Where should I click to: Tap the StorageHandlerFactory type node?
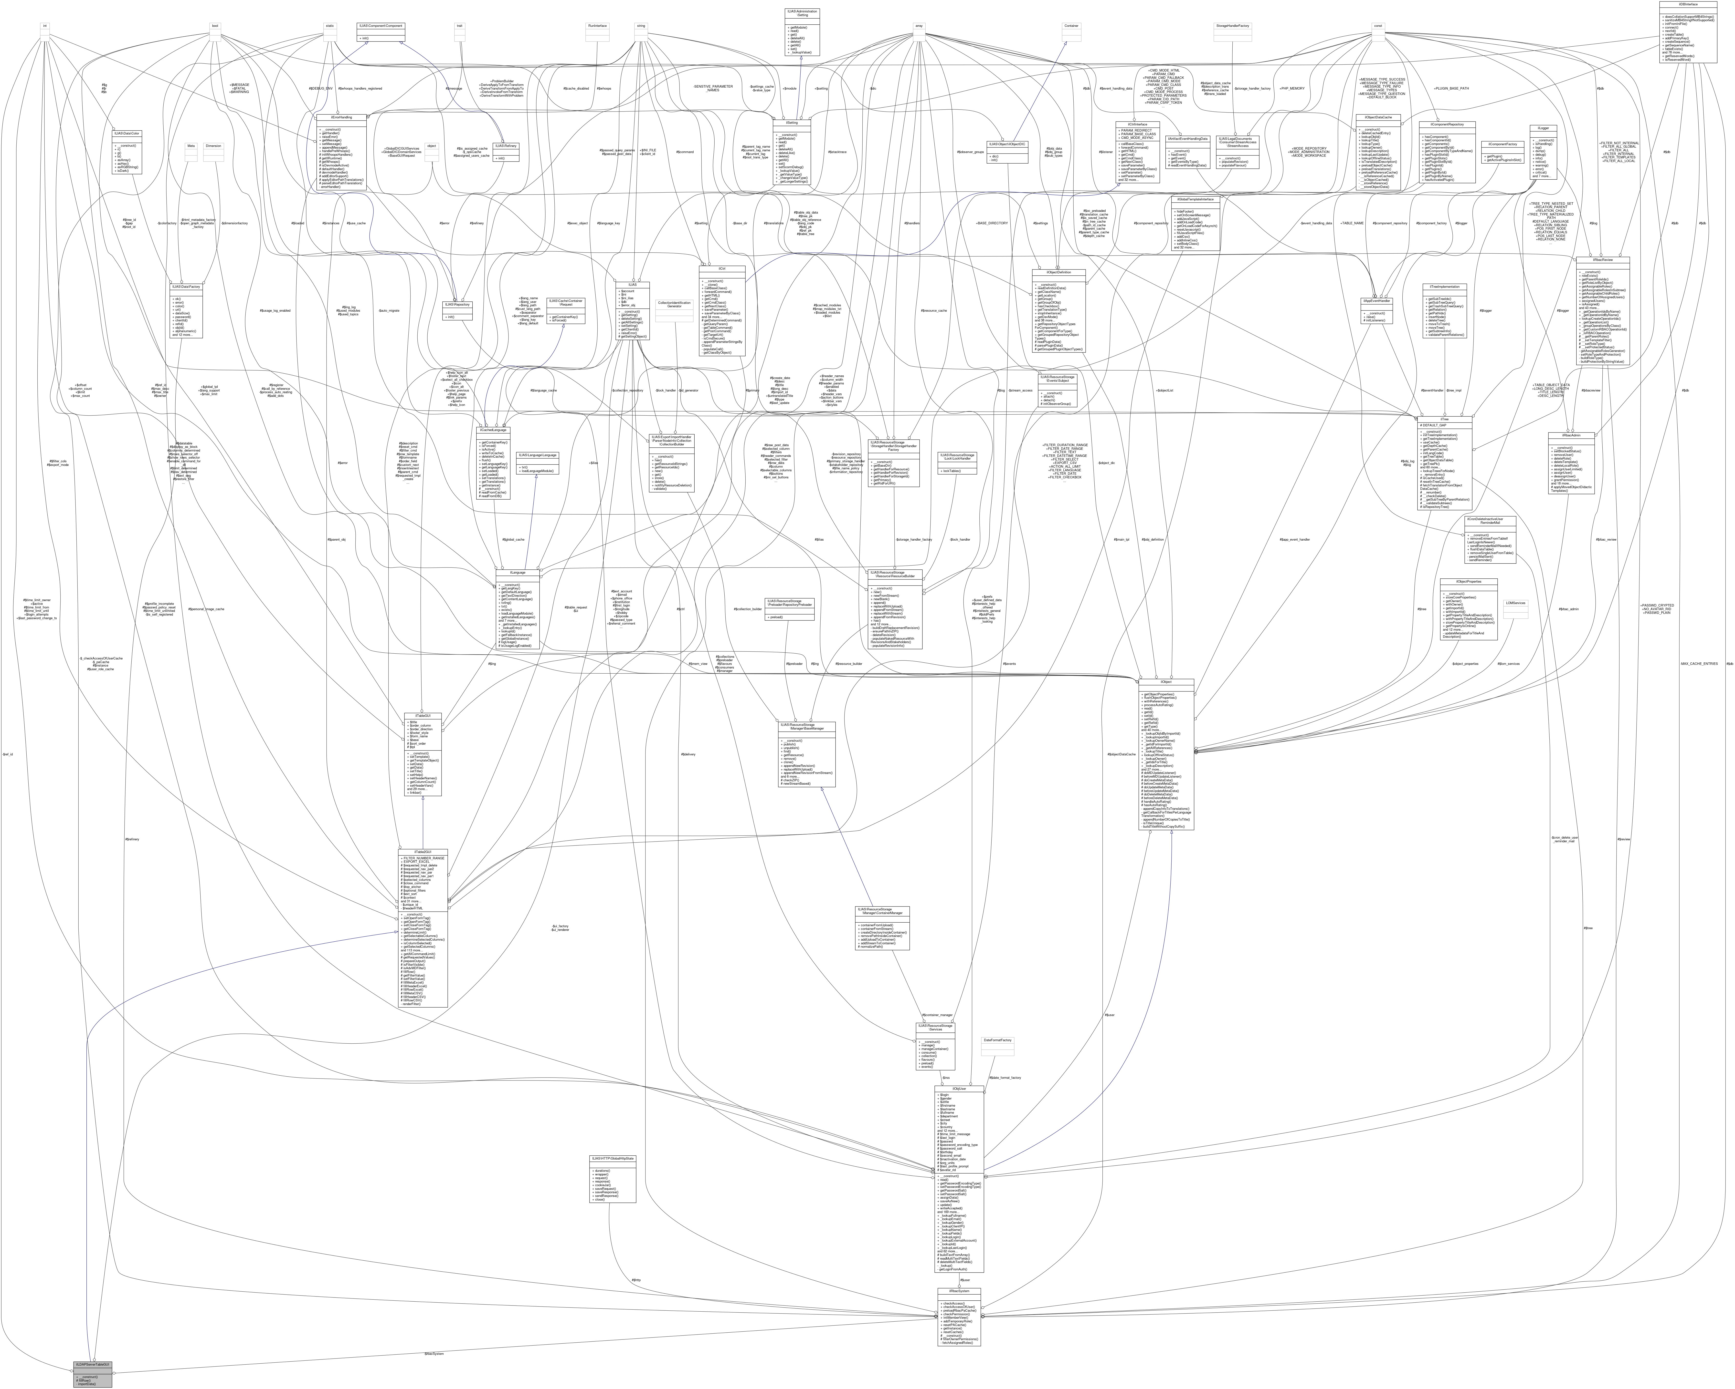pyautogui.click(x=1232, y=26)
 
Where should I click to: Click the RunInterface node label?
pyautogui.click(x=597, y=26)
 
